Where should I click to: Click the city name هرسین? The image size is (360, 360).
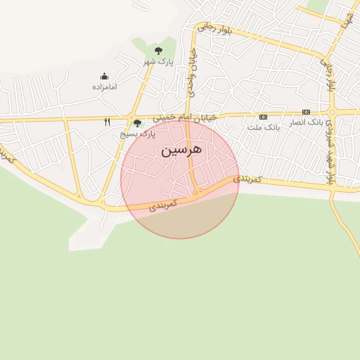[x=181, y=150]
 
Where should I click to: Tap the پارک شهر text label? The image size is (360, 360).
[x=158, y=62]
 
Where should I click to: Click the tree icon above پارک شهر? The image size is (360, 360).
[x=158, y=51]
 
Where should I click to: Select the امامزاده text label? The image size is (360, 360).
[x=105, y=86]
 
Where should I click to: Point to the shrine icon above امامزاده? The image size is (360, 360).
[x=105, y=76]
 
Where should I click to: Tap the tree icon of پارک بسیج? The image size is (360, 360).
[x=137, y=123]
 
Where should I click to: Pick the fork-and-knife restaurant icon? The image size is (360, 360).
[x=107, y=122]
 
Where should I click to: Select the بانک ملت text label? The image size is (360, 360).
[x=264, y=127]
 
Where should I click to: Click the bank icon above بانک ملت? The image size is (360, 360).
[x=264, y=117]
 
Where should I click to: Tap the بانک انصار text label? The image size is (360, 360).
[x=306, y=122]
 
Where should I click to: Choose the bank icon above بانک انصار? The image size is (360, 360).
[x=306, y=112]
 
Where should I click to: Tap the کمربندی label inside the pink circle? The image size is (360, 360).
[x=163, y=204]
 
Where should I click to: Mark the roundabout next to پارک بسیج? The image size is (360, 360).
[x=131, y=117]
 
